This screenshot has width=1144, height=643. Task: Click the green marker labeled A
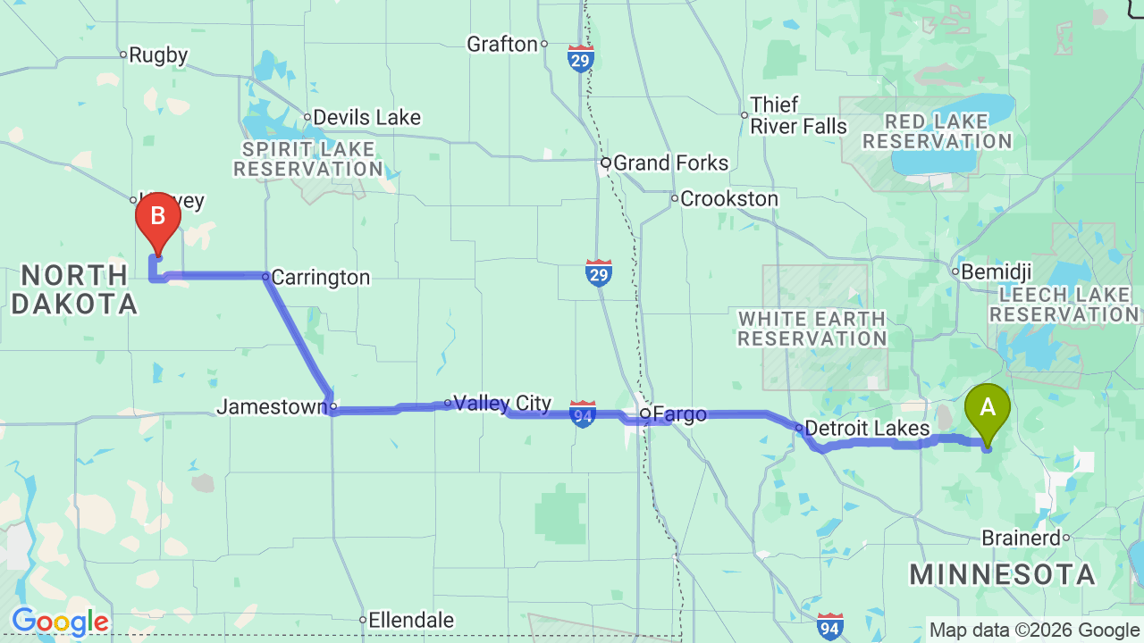(x=988, y=408)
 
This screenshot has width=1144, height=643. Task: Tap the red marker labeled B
(x=158, y=217)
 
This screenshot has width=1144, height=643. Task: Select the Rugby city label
(x=158, y=55)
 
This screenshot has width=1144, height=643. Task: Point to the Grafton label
(x=502, y=44)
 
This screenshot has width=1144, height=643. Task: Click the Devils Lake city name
(x=366, y=118)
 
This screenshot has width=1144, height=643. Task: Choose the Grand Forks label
(x=670, y=163)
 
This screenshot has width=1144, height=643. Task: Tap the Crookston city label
(x=729, y=199)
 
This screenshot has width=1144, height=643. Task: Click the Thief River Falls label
(x=798, y=116)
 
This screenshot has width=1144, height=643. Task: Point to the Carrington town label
(x=320, y=278)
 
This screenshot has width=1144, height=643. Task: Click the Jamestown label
(x=272, y=407)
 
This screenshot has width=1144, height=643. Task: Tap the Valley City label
(x=502, y=404)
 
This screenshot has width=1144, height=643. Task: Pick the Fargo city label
(x=679, y=414)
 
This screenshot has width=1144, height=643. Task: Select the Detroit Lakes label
(x=867, y=429)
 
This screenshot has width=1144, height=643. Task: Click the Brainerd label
(x=1022, y=539)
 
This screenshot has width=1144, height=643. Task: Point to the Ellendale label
(x=411, y=620)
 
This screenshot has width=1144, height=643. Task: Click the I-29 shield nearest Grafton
(x=580, y=59)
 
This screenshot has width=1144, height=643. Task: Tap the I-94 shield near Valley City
(x=583, y=413)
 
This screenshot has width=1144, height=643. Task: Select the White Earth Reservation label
(x=812, y=329)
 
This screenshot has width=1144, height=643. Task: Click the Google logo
(x=60, y=621)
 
